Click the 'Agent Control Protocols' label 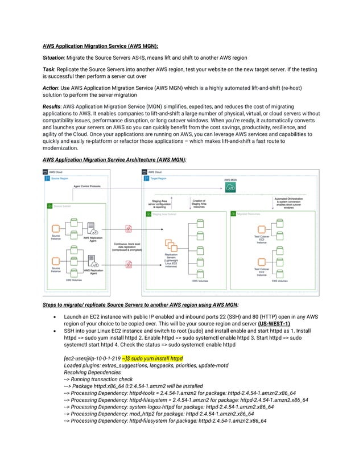87,186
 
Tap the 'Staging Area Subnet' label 165,214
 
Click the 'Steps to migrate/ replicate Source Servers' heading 137,304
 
